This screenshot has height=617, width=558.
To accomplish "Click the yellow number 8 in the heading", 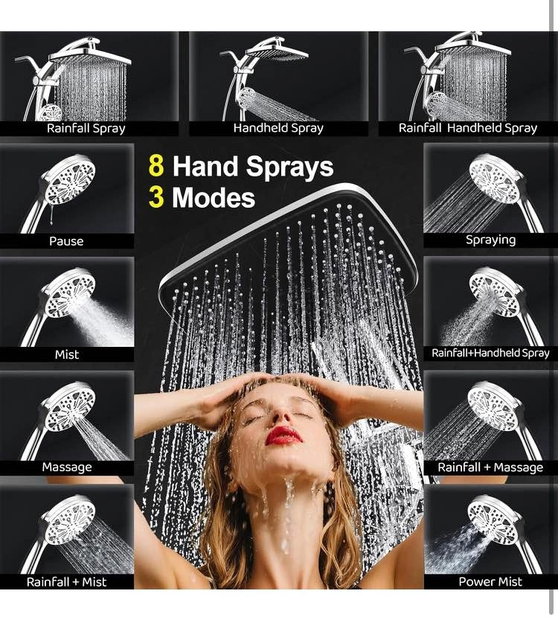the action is (x=156, y=166).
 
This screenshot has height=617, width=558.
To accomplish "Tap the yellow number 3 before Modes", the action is (x=156, y=197).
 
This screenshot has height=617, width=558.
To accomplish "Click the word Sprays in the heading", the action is (x=289, y=167).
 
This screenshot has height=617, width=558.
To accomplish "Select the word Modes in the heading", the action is (x=214, y=197).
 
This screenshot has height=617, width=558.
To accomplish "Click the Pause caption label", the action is (x=66, y=241).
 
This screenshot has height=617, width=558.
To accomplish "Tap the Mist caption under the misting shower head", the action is (x=67, y=354).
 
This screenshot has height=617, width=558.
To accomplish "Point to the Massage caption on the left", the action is (x=67, y=467).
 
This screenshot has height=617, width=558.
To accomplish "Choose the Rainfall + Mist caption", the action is (x=66, y=581).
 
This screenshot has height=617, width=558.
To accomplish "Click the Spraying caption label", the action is (x=490, y=240).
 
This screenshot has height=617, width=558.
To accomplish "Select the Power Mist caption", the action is (x=490, y=581).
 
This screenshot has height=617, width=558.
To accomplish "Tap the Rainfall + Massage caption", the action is (x=490, y=467).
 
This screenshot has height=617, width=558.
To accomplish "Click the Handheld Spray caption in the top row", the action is (x=278, y=128).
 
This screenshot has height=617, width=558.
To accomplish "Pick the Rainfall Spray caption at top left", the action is (x=86, y=128).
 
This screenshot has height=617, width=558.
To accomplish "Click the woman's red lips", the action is (x=283, y=435).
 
